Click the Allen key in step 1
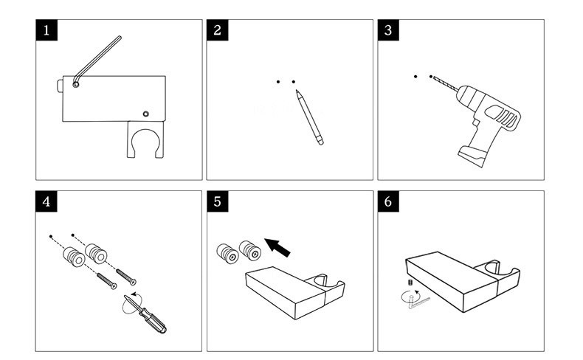[x=99, y=55]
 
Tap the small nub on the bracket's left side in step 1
[x=60, y=86]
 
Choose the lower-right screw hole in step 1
[x=146, y=114]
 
